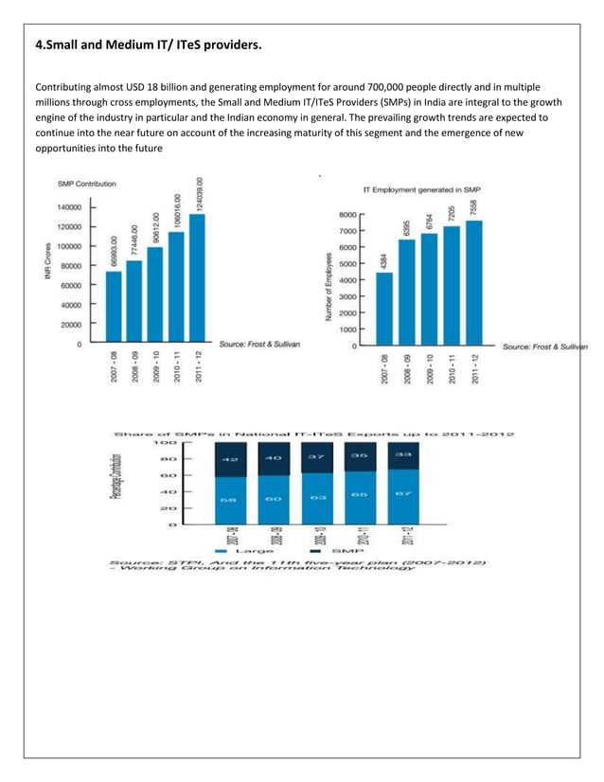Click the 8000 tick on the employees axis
(346, 215)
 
